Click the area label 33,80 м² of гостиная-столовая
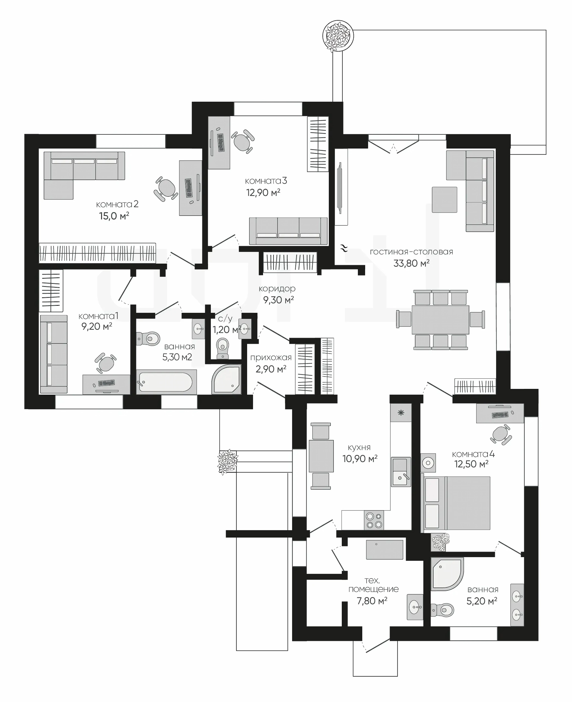click(411, 263)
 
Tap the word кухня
click(359, 448)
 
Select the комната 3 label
click(266, 181)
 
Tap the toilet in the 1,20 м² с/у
click(223, 348)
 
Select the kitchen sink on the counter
click(401, 472)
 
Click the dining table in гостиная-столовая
click(440, 320)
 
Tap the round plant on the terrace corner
click(338, 36)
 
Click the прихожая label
click(271, 358)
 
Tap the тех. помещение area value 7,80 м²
click(372, 601)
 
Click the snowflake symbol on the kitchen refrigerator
click(401, 413)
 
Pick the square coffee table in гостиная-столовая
click(445, 200)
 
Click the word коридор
click(277, 289)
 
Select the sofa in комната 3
click(288, 231)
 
